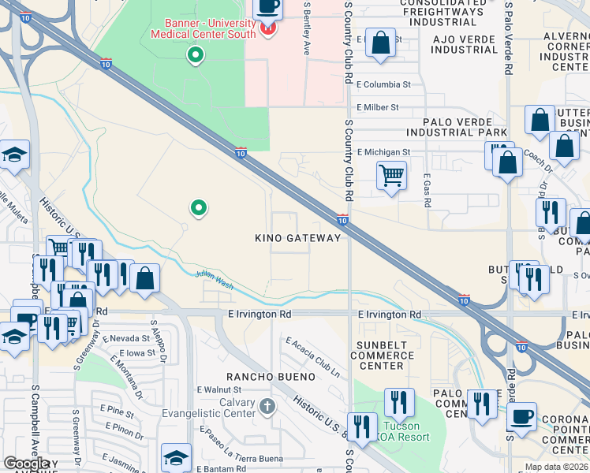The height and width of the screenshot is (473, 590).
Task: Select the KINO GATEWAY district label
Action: point(297,238)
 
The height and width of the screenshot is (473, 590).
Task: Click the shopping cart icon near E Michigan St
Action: point(391,175)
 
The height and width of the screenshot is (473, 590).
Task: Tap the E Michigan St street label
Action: point(384,151)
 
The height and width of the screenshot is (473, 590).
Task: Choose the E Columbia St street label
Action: point(384,84)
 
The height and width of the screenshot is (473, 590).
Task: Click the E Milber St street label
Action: point(378,107)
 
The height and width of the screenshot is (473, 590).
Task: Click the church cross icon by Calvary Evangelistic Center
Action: point(267,407)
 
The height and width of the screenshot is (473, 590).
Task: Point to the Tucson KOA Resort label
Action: point(406,432)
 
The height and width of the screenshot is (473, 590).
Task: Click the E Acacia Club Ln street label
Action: point(313,356)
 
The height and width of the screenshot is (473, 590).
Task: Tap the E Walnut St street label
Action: point(219,389)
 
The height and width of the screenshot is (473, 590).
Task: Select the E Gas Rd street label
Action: point(427,191)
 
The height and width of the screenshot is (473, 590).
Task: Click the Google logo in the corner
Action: point(26,464)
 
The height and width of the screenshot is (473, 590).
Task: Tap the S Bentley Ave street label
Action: point(308,28)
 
